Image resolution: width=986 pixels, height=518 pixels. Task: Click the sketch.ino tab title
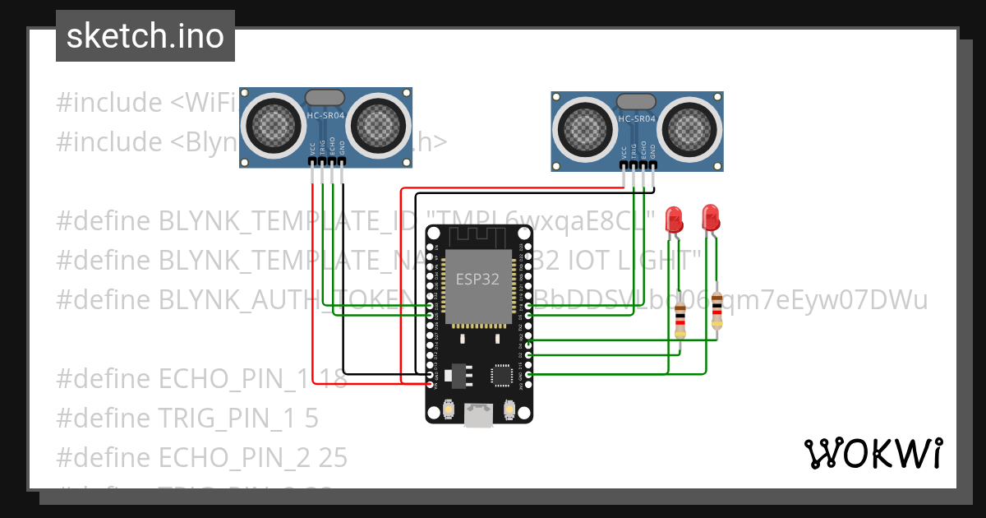145,37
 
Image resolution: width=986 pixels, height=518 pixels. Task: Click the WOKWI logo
872,453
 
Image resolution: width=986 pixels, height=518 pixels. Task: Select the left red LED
674,220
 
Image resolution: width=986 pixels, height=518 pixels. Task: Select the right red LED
711,217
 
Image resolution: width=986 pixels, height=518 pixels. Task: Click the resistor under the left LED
680,319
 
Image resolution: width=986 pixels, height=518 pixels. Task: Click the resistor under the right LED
717,310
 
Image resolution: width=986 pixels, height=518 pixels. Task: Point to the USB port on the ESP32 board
478,415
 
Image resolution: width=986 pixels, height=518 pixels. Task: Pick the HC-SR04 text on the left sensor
326,115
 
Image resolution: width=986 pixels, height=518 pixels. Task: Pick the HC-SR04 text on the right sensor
637,119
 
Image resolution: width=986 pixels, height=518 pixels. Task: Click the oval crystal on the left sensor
325,98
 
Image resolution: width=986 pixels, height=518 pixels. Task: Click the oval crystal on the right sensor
636,102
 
